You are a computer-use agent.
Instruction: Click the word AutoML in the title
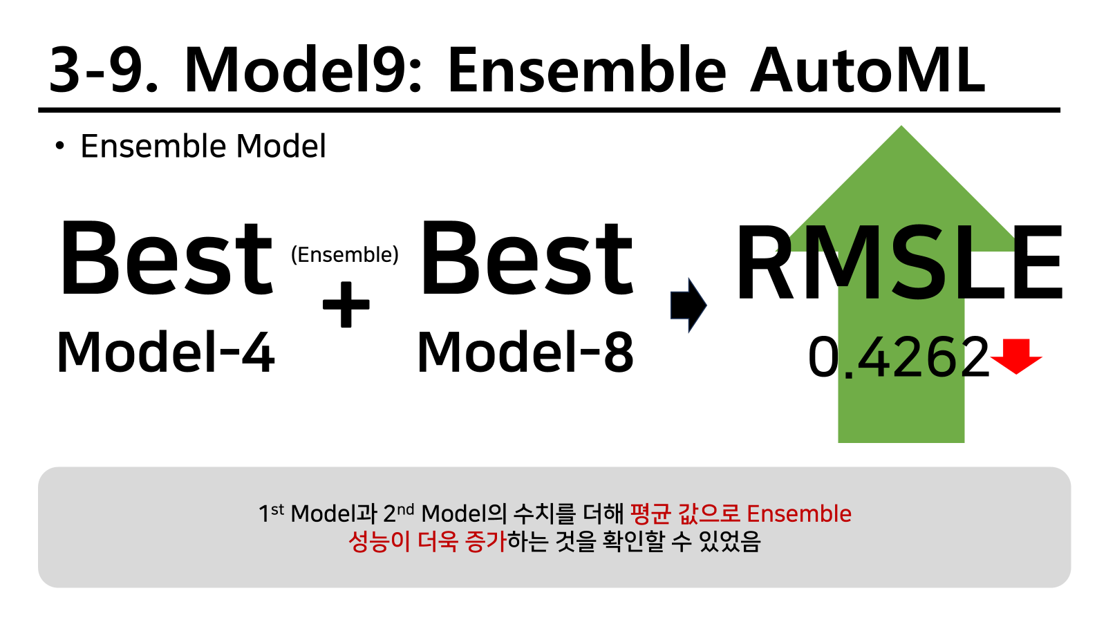tap(868, 70)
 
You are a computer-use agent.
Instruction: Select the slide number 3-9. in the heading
tap(104, 70)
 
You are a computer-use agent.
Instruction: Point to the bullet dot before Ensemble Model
tap(59, 146)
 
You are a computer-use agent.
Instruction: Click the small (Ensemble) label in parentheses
tap(345, 255)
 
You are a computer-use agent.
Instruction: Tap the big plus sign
tap(346, 305)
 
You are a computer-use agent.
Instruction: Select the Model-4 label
tap(165, 352)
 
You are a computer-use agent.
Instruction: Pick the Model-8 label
tap(525, 352)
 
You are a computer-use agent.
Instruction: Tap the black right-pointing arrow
tap(688, 305)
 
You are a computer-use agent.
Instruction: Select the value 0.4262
tap(899, 357)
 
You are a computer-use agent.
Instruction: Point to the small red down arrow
tap(1016, 357)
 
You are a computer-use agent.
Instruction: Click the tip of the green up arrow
tap(901, 126)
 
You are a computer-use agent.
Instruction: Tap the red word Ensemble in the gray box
tap(799, 513)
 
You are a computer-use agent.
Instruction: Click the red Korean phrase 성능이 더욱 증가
tap(428, 542)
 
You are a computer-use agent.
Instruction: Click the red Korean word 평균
tap(650, 513)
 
